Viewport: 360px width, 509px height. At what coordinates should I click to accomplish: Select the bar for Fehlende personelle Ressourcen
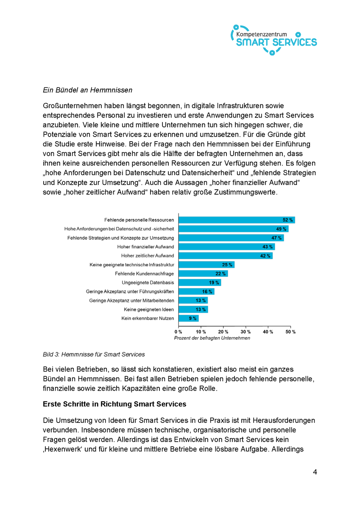pos(236,220)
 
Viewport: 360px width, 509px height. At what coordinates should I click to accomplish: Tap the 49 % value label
pos(281,229)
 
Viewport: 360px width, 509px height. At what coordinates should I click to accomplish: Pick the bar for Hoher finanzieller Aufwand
pos(226,246)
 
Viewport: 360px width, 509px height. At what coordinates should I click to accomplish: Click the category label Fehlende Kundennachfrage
pos(144,274)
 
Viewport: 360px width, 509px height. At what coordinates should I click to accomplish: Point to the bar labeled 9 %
pos(188,318)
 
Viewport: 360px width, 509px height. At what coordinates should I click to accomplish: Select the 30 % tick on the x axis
pos(246,331)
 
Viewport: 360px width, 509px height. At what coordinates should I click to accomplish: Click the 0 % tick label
pos(179,331)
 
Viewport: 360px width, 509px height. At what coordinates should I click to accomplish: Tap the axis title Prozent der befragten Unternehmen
pos(212,338)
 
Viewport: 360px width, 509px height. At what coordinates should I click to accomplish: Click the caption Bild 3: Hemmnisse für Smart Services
pos(94,354)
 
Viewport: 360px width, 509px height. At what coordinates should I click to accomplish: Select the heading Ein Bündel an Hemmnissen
pos(88,90)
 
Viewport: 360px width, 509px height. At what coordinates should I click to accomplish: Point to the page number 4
pos(315,472)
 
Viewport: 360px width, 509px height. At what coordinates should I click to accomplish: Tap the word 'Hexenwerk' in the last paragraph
pos(61,448)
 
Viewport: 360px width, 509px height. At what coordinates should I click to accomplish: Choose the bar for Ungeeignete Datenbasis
pos(199,282)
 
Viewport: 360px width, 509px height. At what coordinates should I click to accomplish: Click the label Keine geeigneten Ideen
pos(148,309)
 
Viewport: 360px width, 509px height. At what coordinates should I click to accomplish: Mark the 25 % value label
pos(227,265)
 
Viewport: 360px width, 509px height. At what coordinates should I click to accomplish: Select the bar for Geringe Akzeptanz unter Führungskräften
pos(196,291)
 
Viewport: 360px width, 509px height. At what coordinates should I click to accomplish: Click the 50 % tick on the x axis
pos(290,331)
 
